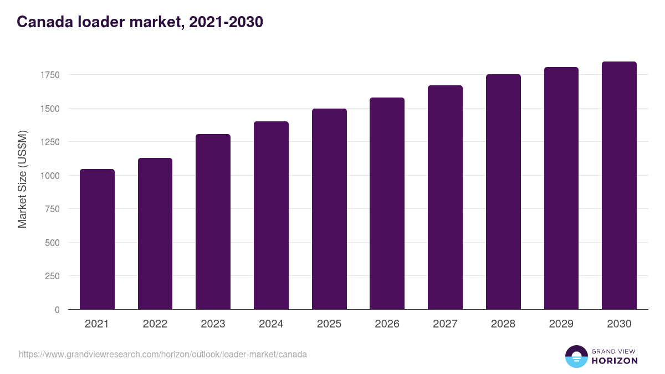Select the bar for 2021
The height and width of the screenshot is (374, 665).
(x=97, y=239)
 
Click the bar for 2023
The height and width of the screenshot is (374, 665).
(x=213, y=222)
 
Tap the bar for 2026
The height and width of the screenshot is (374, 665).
(x=387, y=203)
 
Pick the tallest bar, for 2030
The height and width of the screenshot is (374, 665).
(x=619, y=186)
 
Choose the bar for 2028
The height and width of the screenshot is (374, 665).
(x=503, y=192)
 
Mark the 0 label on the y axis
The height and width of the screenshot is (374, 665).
(x=57, y=310)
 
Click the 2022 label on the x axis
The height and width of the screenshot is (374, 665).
(x=155, y=324)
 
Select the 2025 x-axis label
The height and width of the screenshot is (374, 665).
(x=329, y=324)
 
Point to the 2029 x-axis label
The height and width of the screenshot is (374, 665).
(x=561, y=324)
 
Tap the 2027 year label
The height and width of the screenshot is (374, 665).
(x=445, y=324)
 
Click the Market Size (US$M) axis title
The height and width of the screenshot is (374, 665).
(x=22, y=179)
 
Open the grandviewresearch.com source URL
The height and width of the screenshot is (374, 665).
(x=163, y=354)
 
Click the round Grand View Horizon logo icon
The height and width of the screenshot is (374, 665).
(x=576, y=356)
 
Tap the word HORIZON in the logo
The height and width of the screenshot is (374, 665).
(x=614, y=361)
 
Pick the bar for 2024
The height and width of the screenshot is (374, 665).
(x=271, y=216)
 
